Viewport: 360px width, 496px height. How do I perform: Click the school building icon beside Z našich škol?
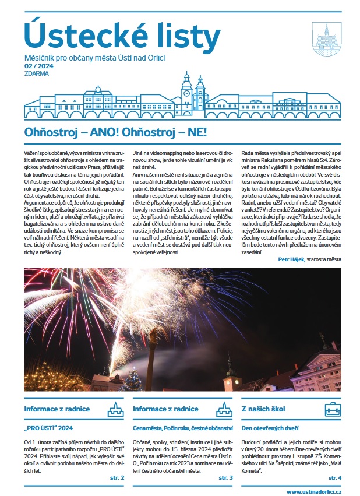333,409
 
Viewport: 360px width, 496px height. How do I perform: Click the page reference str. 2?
117,477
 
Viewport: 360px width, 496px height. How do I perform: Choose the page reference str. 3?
226,477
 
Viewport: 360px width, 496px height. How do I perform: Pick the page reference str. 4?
334,477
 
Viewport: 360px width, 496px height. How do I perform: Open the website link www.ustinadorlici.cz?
313,490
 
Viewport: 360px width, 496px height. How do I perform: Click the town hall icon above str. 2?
117,409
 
